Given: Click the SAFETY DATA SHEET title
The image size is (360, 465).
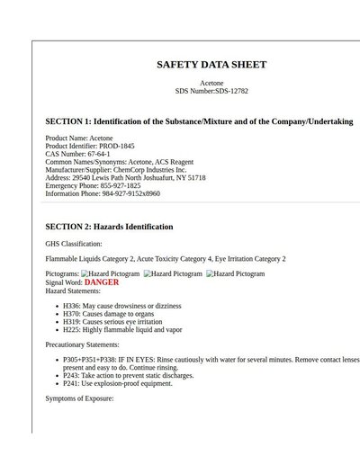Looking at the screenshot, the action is coord(211,65).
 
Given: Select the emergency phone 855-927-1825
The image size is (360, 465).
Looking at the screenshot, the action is coord(121,185).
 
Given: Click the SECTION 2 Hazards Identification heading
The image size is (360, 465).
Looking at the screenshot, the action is coord(109,227).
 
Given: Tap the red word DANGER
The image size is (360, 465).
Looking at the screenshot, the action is coord(102,282).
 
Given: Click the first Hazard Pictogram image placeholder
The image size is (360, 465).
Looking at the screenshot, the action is coord(110,273).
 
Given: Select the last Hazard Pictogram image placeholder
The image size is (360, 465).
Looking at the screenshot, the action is coord(235,273).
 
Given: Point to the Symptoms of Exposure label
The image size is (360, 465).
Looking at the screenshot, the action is coord(79,398).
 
